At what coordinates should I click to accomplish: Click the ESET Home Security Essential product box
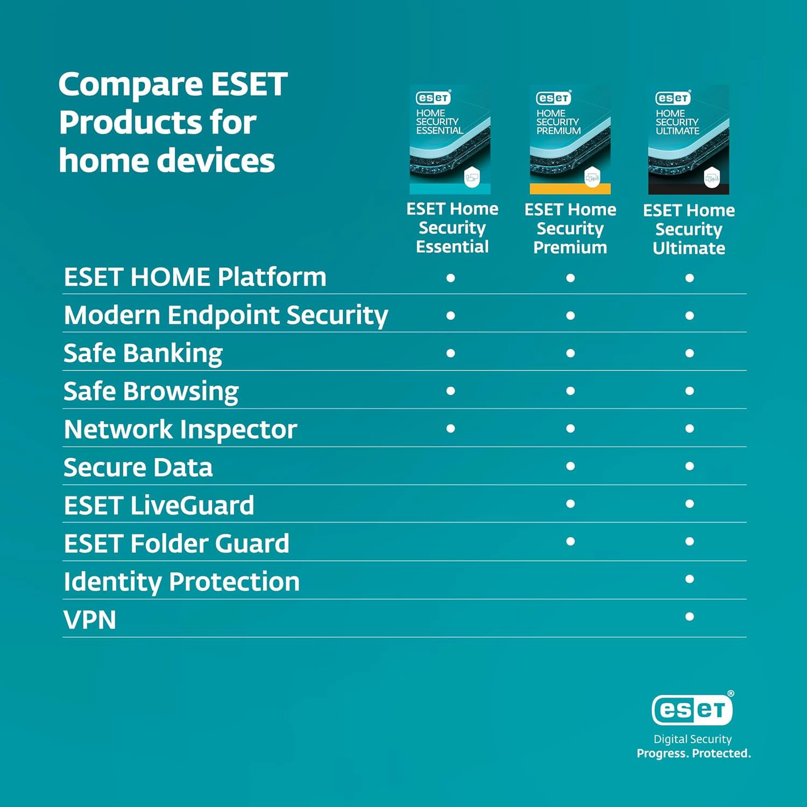tap(450, 139)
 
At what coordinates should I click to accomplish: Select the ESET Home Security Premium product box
tap(570, 139)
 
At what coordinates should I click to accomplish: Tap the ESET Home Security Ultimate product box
tap(689, 139)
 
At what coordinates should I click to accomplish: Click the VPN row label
tap(90, 620)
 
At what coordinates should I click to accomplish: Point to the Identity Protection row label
tap(182, 582)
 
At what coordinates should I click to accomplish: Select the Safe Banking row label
tap(143, 353)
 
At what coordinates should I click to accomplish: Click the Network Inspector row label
tap(181, 430)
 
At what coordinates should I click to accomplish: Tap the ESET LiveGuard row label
tap(159, 506)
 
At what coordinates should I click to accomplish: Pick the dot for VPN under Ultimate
tap(690, 617)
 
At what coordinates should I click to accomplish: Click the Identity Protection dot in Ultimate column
tap(690, 579)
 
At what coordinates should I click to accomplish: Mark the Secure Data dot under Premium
tap(570, 466)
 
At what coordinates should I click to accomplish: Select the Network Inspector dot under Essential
tap(451, 428)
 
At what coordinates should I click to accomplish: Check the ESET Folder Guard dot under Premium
tap(570, 541)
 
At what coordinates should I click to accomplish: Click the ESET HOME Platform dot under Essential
tap(451, 278)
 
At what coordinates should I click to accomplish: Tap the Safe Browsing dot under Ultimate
tap(690, 391)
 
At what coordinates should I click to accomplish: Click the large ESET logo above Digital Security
tap(692, 709)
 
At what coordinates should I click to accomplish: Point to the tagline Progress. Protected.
tap(693, 753)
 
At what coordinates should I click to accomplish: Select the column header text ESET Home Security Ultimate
tap(689, 229)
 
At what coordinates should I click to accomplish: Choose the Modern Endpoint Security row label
tap(226, 316)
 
